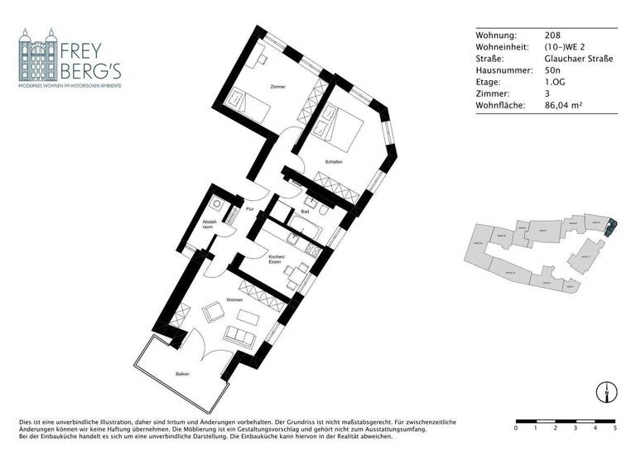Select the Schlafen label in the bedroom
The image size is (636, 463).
coord(334,163)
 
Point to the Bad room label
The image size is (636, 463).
coord(305,212)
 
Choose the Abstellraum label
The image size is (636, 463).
coord(211,226)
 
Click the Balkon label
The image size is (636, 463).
coord(182,375)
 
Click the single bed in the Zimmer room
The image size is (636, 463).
coord(244,101)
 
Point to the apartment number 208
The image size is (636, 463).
coord(552,36)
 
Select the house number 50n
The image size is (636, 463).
coord(553,71)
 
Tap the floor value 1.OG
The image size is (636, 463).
coord(555,83)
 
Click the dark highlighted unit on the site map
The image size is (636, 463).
coord(611,225)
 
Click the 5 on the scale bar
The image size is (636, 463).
coord(614,428)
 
